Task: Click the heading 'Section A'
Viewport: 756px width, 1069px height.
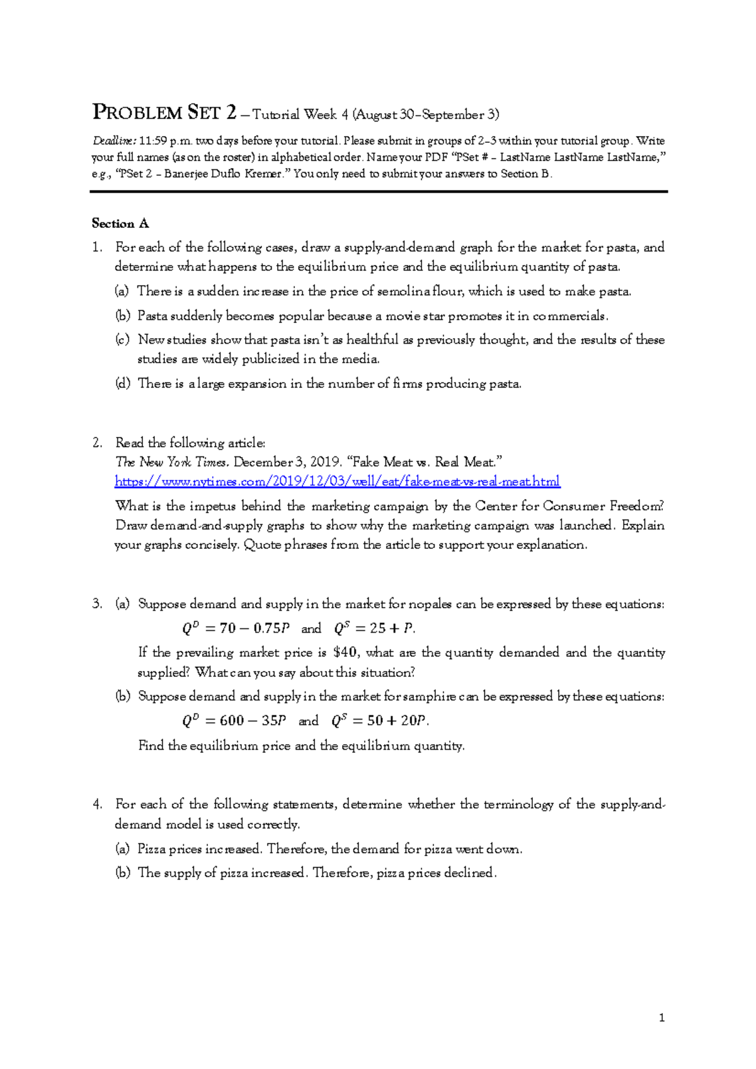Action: pyautogui.click(x=120, y=223)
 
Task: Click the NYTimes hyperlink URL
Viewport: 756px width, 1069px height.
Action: pyautogui.click(x=337, y=482)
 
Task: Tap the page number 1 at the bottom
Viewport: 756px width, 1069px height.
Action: pyautogui.click(x=661, y=1017)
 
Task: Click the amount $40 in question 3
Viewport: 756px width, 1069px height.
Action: pyautogui.click(x=345, y=652)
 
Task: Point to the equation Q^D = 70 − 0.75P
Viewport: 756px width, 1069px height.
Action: pyautogui.click(x=236, y=628)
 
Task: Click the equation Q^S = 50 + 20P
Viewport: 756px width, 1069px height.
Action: pyautogui.click(x=380, y=721)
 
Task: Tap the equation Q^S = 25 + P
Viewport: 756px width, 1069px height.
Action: pyautogui.click(x=374, y=628)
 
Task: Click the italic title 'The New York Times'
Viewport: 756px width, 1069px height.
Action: pyautogui.click(x=171, y=462)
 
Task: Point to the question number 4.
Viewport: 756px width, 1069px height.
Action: pyautogui.click(x=96, y=804)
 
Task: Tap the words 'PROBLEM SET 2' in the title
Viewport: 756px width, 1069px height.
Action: pyautogui.click(x=164, y=113)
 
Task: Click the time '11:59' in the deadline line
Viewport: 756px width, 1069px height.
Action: pyautogui.click(x=153, y=141)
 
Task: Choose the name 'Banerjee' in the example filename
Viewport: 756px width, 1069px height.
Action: pyautogui.click(x=186, y=174)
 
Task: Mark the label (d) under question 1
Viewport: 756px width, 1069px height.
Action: pyautogui.click(x=122, y=383)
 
